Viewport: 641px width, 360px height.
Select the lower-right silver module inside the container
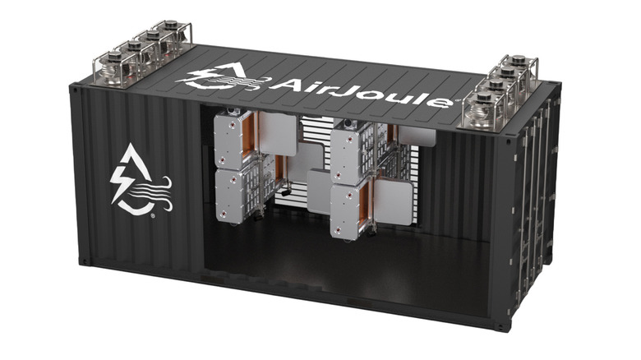tap(348, 210)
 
